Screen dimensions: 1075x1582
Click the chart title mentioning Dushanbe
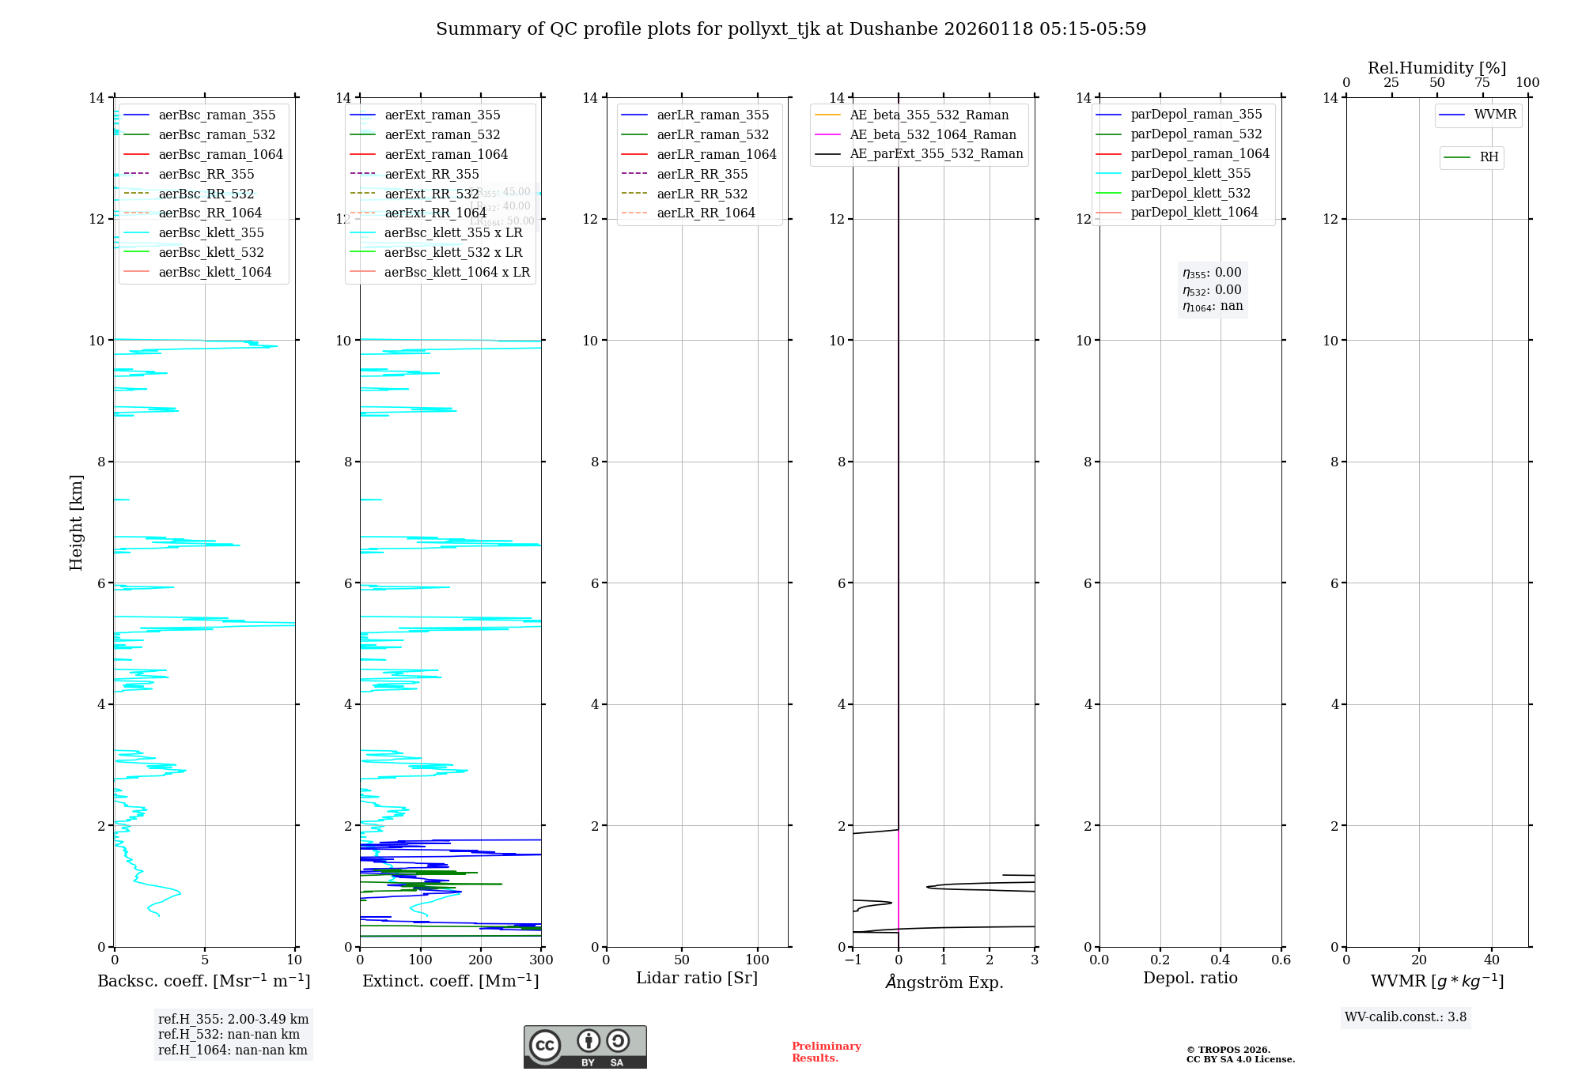[791, 29]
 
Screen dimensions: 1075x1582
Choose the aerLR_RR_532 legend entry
[702, 194]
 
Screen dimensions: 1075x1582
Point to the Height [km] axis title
[76, 522]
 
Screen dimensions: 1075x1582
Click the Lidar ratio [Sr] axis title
[697, 978]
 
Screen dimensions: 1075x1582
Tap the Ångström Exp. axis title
[944, 982]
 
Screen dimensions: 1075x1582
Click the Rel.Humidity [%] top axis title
[1436, 68]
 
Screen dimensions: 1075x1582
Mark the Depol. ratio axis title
[1190, 978]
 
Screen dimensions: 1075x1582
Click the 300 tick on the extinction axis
[541, 960]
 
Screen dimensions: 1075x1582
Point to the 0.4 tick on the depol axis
[1220, 960]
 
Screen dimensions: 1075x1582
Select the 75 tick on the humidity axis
[1482, 83]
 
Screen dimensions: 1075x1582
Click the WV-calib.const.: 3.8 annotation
[1406, 1017]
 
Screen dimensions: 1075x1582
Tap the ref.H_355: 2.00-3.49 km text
[233, 1020]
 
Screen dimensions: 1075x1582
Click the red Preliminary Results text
[826, 1052]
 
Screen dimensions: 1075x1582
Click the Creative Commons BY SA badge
[585, 1047]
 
